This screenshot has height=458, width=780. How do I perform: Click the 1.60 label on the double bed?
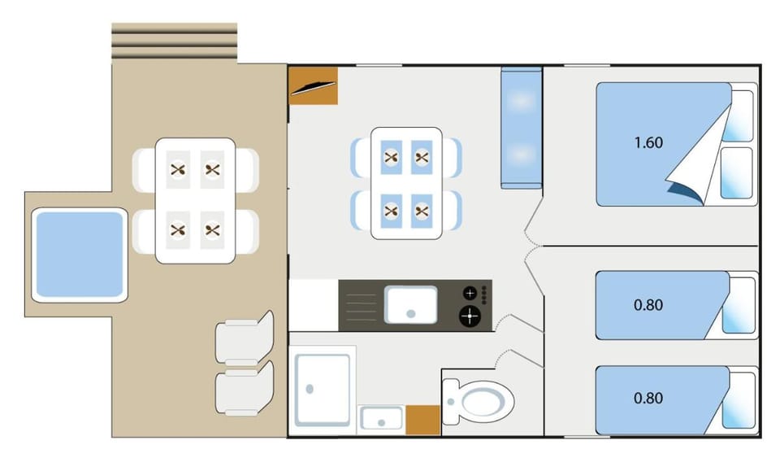click(x=648, y=143)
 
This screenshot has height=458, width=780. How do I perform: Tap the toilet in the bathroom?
click(x=478, y=401)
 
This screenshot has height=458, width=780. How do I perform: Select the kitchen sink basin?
click(x=411, y=305)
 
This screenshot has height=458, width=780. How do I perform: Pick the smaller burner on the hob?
click(x=470, y=293)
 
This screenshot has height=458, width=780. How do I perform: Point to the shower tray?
click(x=323, y=390)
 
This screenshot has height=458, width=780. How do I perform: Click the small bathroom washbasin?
click(x=381, y=418)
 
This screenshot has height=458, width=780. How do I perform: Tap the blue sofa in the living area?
click(x=521, y=128)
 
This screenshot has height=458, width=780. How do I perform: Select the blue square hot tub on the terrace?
click(x=80, y=255)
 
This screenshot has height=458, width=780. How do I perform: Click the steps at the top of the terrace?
click(x=174, y=41)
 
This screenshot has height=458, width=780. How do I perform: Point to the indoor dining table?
click(x=406, y=183)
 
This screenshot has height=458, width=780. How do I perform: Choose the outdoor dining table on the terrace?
click(x=195, y=201)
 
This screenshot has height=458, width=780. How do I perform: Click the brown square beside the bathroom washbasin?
click(x=422, y=420)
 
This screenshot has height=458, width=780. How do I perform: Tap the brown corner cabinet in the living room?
click(x=314, y=85)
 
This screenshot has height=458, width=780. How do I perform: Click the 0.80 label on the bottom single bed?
click(x=648, y=399)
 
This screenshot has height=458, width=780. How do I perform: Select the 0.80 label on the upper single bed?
click(x=648, y=305)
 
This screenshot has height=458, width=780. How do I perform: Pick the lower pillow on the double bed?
click(x=736, y=172)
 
